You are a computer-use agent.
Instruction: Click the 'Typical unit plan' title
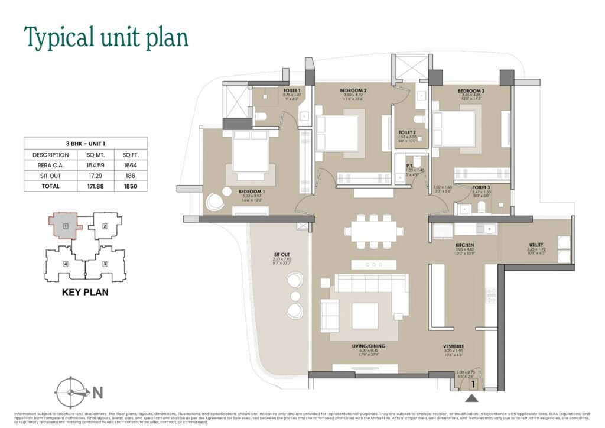click(106, 37)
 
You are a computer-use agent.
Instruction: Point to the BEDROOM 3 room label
click(471, 91)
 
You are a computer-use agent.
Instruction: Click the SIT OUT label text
click(281, 254)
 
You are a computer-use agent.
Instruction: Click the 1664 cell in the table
click(130, 165)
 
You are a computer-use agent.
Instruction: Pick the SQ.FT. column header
click(130, 155)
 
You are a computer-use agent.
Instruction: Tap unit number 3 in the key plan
click(105, 264)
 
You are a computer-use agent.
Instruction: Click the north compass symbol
click(71, 392)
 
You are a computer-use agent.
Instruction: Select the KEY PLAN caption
click(85, 292)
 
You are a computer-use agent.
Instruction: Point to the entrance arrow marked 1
click(472, 384)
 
